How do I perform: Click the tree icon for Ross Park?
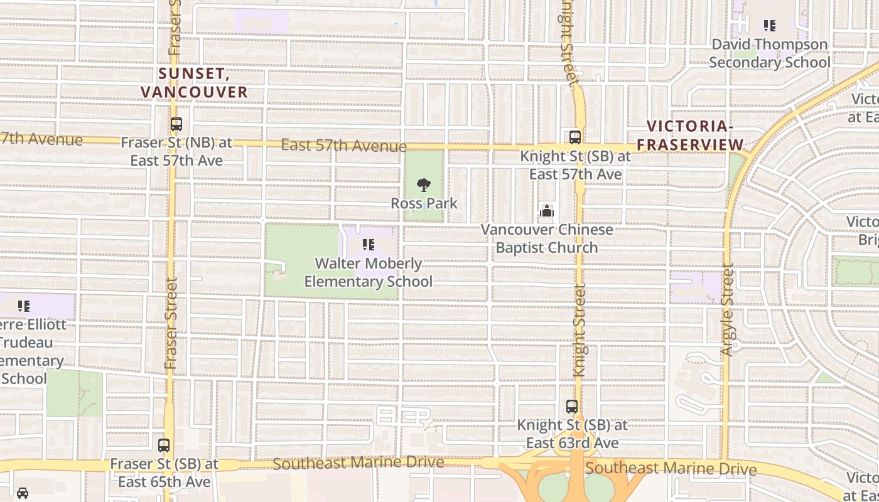(x=424, y=185)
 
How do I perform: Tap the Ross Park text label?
(x=424, y=203)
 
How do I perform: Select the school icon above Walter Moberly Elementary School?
(x=369, y=245)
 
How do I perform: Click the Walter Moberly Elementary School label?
(x=369, y=272)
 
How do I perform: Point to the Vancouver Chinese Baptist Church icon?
(x=547, y=211)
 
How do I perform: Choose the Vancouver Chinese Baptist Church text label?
(x=547, y=238)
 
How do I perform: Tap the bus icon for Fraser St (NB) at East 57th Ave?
(x=176, y=124)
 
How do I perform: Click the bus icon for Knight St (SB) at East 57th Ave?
(x=574, y=137)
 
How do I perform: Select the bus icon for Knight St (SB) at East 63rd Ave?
(x=572, y=407)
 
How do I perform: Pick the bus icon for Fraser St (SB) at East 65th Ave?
(x=164, y=446)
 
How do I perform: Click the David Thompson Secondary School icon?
(x=769, y=26)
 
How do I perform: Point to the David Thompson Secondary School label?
(x=769, y=53)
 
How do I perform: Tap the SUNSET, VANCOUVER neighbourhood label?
(x=195, y=83)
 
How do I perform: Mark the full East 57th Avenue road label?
(x=343, y=146)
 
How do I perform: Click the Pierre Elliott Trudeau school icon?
(x=24, y=306)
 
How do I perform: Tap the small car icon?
(x=23, y=493)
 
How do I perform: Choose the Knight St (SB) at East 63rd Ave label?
(x=572, y=434)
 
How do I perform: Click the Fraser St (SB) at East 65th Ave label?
(x=164, y=473)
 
